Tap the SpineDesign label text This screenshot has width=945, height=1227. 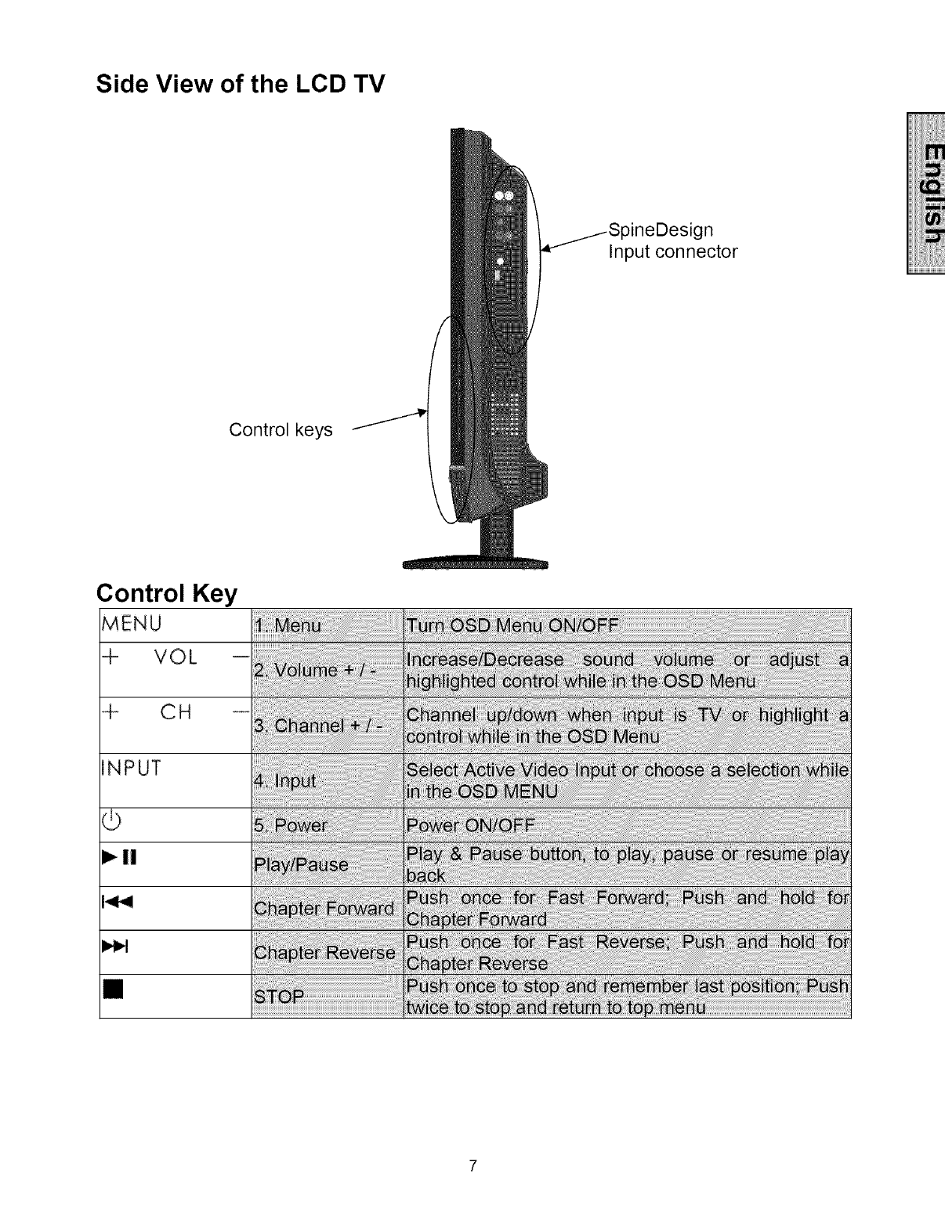coord(661,230)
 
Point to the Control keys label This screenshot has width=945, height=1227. coord(281,430)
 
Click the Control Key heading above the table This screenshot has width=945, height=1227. coord(166,593)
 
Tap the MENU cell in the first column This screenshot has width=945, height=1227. coord(132,624)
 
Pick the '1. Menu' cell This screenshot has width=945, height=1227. coord(288,626)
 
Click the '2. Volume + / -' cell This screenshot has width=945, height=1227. coord(315,670)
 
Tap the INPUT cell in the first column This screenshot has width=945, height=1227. coord(132,769)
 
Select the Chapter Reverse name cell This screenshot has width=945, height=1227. coord(325,953)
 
